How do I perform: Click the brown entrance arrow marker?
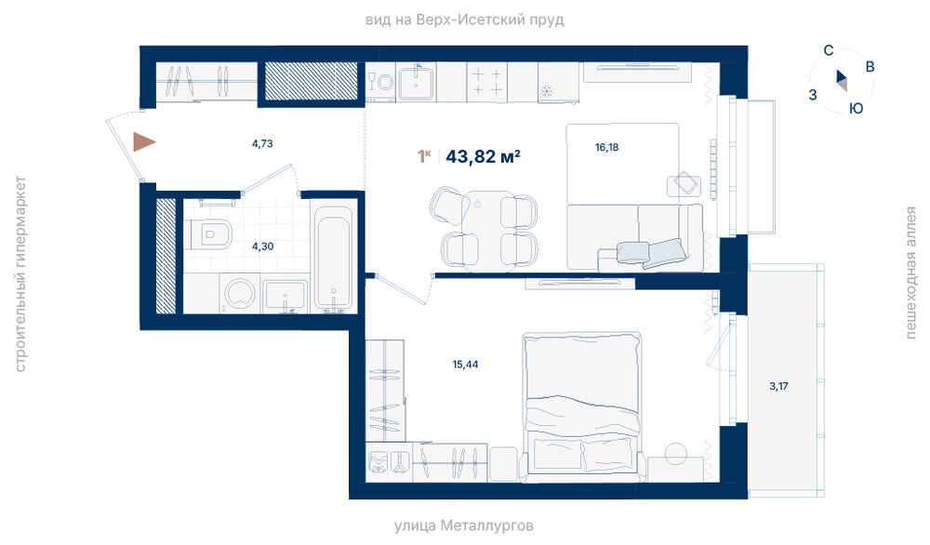[143, 141]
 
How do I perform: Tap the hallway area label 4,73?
[262, 143]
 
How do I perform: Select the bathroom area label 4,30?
[263, 246]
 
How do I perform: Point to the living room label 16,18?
[606, 147]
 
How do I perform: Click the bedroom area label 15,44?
[465, 365]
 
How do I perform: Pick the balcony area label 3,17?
[778, 386]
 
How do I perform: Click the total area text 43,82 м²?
[483, 156]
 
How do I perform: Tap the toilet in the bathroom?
[208, 235]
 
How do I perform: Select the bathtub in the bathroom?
[333, 258]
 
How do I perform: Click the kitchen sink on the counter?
[416, 83]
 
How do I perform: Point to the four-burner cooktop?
[487, 82]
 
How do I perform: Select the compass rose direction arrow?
[842, 79]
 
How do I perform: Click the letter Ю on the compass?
[856, 109]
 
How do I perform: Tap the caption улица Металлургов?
[464, 525]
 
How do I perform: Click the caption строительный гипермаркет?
[20, 274]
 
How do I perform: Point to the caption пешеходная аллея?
[910, 272]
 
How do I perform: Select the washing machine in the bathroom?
[240, 293]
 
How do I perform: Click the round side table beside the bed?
[675, 454]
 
